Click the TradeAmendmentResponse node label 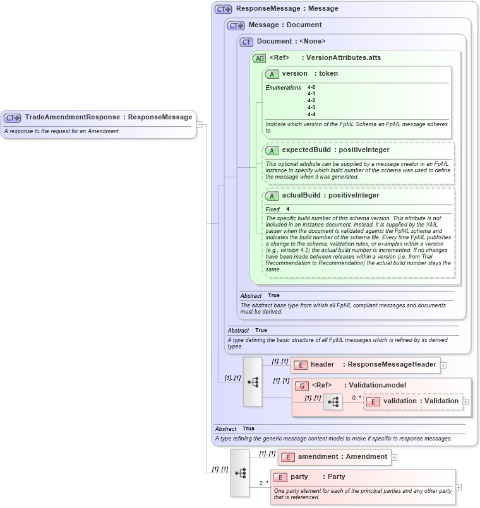click(x=108, y=117)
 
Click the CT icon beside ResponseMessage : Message click(x=223, y=9)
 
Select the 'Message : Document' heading click(x=285, y=25)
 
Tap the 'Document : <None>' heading click(x=291, y=42)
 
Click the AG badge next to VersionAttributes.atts click(x=259, y=58)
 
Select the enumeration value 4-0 click(x=311, y=87)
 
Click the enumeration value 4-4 click(x=311, y=114)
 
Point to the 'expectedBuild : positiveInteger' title click(x=335, y=150)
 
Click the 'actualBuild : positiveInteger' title click(x=330, y=196)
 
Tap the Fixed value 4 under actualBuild click(x=288, y=209)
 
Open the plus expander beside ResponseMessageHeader click(x=443, y=365)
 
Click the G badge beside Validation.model click(x=303, y=386)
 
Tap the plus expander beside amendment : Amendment click(x=394, y=458)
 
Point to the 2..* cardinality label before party click(x=263, y=483)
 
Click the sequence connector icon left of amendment click(x=240, y=472)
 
